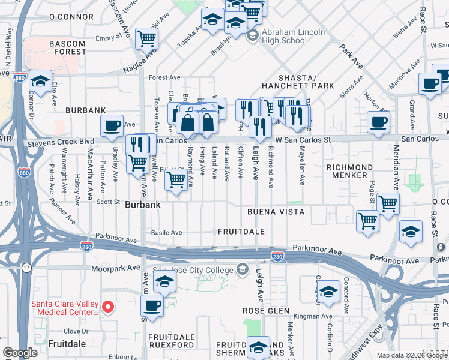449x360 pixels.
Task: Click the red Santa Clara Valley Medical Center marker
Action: pyautogui.click(x=108, y=307)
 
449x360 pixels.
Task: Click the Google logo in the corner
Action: pyautogui.click(x=20, y=352)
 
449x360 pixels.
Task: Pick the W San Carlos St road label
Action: pyautogui.click(x=303, y=139)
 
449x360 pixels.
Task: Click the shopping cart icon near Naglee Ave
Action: pyautogui.click(x=146, y=39)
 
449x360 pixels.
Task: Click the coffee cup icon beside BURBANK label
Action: pyautogui.click(x=112, y=126)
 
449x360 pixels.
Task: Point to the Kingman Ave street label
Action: pyautogui.click(x=310, y=316)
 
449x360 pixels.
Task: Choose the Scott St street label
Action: pyautogui.click(x=109, y=202)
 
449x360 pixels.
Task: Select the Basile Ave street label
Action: pyautogui.click(x=166, y=232)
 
